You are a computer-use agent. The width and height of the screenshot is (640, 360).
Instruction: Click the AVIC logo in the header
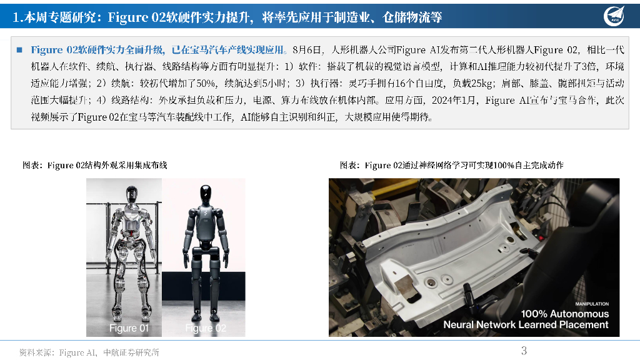[614, 16]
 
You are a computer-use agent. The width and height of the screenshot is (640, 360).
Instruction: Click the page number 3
[524, 350]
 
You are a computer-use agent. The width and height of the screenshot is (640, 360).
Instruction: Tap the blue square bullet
[19, 50]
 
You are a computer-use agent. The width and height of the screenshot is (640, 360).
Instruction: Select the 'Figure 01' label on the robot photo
[129, 328]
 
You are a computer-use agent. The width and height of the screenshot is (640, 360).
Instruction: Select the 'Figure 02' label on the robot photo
[206, 328]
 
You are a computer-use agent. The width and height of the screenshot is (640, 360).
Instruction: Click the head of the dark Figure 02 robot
[206, 195]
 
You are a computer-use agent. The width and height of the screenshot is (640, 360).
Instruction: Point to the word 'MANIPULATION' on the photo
[592, 304]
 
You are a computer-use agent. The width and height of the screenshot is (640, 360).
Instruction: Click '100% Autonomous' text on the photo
[565, 314]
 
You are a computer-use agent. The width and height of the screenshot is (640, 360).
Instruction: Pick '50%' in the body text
[206, 84]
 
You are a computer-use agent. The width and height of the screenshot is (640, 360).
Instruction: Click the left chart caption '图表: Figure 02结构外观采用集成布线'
[95, 165]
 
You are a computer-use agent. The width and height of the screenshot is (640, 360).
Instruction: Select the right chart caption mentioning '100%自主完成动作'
[452, 165]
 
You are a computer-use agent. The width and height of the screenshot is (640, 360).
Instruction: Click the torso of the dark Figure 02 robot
[206, 224]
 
